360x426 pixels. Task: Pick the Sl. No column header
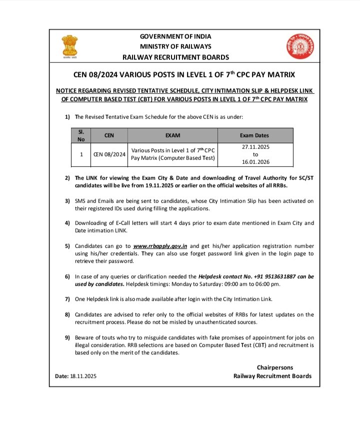[81, 135]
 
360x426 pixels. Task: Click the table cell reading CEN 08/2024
[109, 154]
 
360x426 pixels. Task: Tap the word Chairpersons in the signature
[275, 367]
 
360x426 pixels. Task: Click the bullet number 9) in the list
[67, 337]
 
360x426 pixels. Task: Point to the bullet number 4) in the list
[67, 223]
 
